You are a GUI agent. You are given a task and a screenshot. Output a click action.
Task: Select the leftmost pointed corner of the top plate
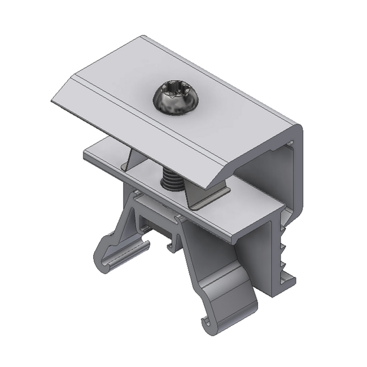pos(53,102)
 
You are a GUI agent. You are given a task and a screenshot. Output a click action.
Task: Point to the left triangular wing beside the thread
pos(129,158)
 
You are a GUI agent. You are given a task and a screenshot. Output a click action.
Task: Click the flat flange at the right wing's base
pos(209,200)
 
